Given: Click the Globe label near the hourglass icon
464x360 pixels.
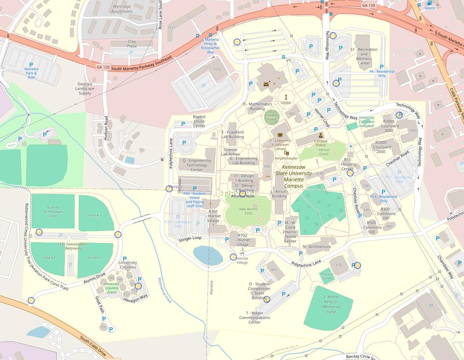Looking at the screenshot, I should click(x=286, y=103).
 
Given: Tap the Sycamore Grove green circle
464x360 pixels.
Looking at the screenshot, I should click(x=272, y=117).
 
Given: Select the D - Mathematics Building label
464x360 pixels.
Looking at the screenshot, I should click(x=257, y=106).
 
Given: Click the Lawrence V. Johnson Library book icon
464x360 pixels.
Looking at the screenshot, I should click(x=280, y=135).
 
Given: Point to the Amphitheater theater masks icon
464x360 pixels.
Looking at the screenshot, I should click(x=286, y=153).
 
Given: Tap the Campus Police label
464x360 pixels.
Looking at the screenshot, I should click(x=321, y=143).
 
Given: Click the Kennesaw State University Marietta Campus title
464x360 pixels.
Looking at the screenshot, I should click(x=293, y=176).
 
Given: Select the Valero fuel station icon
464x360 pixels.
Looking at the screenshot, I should click(x=429, y=3).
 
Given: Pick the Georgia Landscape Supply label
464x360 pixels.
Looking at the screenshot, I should click(x=85, y=89).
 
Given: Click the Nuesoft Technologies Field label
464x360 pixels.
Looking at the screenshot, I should click(x=53, y=212).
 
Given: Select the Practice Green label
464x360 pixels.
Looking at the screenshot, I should click(x=327, y=276).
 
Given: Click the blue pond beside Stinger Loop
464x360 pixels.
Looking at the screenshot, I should click(x=208, y=255).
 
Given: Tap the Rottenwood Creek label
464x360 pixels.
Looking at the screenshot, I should click(x=164, y=290).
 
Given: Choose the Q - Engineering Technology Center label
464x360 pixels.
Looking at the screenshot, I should click(x=196, y=165).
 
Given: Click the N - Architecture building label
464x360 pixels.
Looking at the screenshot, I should click(x=317, y=247).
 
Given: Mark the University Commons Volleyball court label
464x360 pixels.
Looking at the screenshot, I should click(x=366, y=122).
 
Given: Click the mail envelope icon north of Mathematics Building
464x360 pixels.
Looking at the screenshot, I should click(x=266, y=84).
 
